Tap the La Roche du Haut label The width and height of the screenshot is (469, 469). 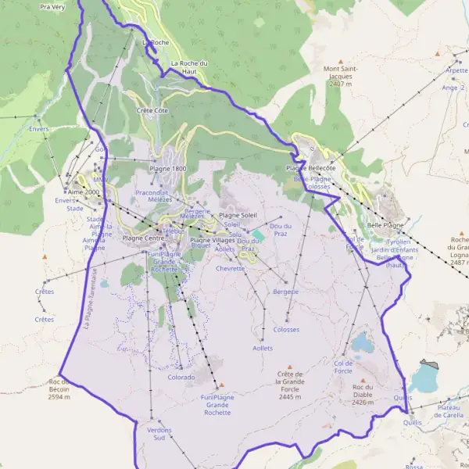pyautogui.click(x=188, y=66)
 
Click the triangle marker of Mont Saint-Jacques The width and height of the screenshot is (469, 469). pyautogui.click(x=341, y=59)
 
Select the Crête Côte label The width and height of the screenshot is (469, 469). pyautogui.click(x=152, y=111)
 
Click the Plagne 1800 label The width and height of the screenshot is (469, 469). pyautogui.click(x=168, y=169)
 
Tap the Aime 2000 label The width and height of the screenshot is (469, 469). pyautogui.click(x=84, y=192)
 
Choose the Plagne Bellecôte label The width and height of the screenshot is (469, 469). pyautogui.click(x=310, y=168)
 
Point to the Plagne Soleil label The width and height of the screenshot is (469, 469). pyautogui.click(x=238, y=215)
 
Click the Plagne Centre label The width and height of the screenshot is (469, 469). pyautogui.click(x=145, y=238)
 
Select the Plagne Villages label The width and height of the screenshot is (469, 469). pyautogui.click(x=213, y=240)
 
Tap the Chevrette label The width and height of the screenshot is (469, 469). pyautogui.click(x=231, y=268)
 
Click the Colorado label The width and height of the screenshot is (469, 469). pyautogui.click(x=181, y=377)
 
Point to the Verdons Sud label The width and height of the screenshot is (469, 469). pyautogui.click(x=159, y=434)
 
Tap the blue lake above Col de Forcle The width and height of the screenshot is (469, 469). pyautogui.click(x=361, y=342)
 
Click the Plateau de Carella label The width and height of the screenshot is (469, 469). pyautogui.click(x=449, y=411)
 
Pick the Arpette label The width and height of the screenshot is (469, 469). pyautogui.click(x=456, y=70)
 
